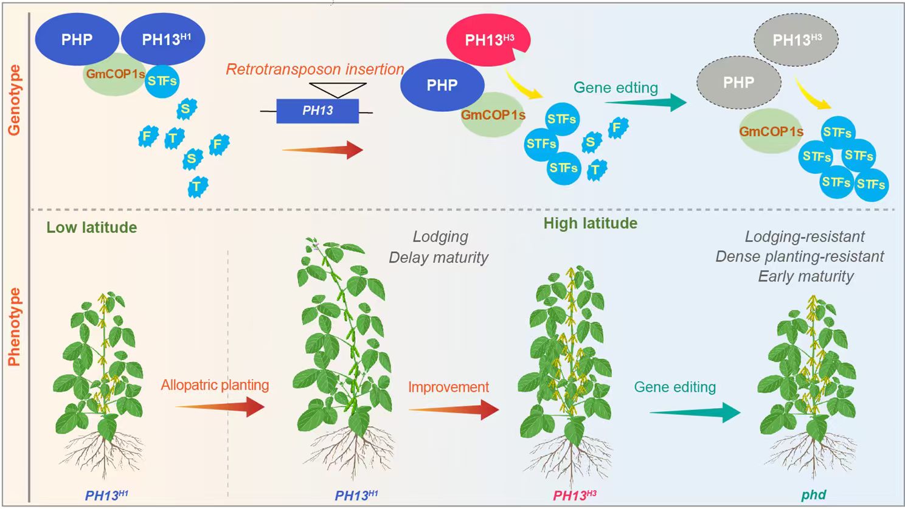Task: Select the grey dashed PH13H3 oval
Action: pos(796,40)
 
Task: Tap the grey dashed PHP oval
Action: pos(738,82)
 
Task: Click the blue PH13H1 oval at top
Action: pos(164,40)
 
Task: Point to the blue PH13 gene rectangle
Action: pos(317,111)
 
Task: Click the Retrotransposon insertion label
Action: pos(315,69)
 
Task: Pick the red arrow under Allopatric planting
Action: pos(220,406)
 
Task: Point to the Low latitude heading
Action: pos(92,227)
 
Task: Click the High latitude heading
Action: pos(590,223)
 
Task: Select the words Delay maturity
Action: pos(439,257)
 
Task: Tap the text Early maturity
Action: pos(805,276)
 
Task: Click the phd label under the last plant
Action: pos(813,494)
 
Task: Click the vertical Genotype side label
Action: pos(14,100)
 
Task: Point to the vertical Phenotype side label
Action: pos(14,327)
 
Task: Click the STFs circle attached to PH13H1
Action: pos(162,81)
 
